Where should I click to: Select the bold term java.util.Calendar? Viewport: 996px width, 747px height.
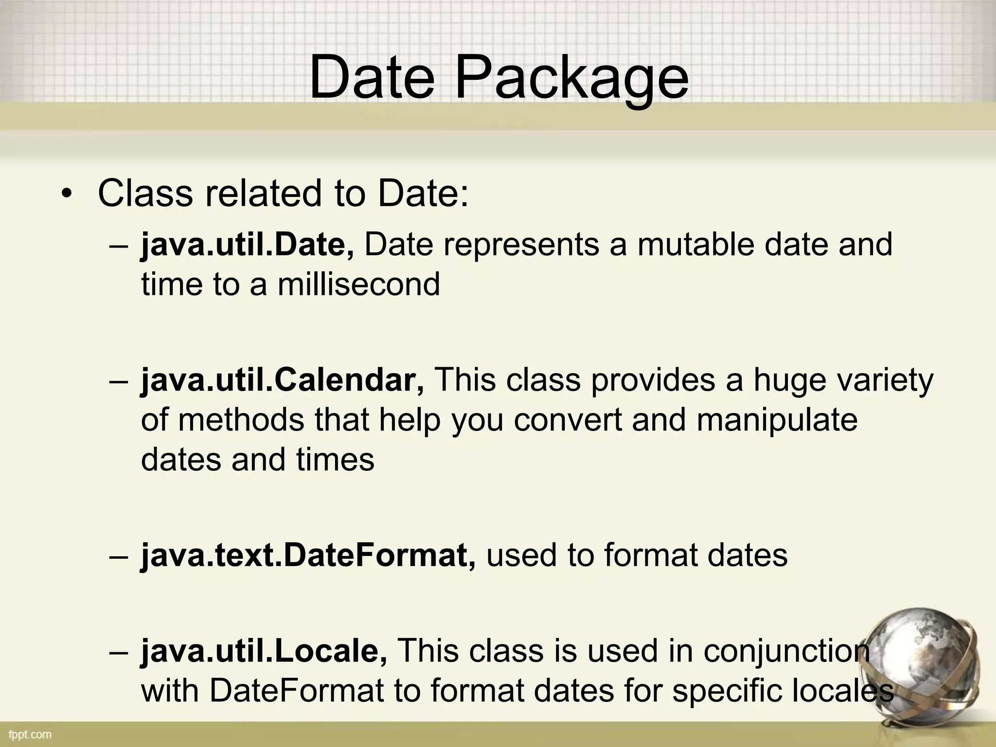(x=283, y=380)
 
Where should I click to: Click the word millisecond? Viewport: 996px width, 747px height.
(x=359, y=284)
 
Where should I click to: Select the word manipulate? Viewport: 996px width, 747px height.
(x=777, y=420)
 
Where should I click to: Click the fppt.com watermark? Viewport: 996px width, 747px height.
(x=30, y=734)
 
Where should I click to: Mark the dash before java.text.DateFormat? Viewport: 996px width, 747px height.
(x=118, y=556)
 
